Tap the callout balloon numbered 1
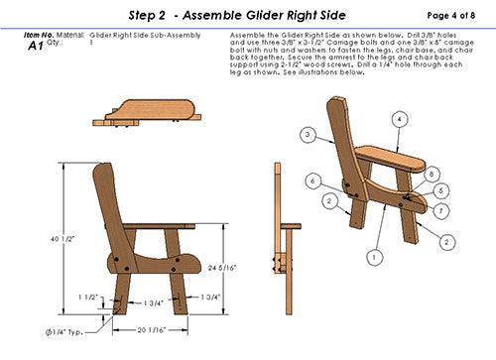(x=373, y=256)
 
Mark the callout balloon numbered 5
(x=442, y=190)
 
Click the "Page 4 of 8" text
(x=452, y=16)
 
